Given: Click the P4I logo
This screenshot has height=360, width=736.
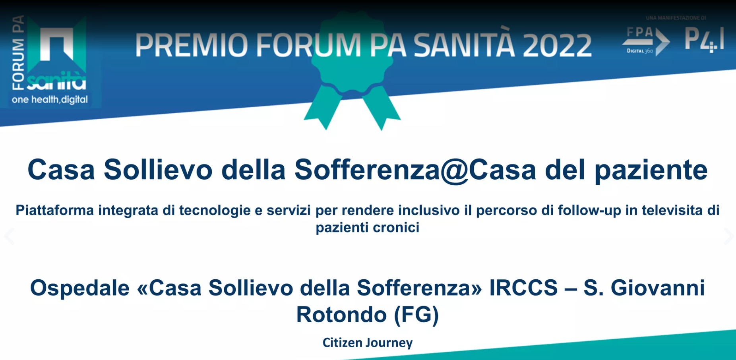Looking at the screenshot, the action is pos(704,40).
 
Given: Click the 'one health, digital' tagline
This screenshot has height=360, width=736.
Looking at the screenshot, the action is pos(50,99).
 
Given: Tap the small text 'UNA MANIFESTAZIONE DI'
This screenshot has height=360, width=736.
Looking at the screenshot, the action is pos(676,18).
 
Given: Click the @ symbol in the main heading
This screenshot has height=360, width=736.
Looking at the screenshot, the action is pos(454,170).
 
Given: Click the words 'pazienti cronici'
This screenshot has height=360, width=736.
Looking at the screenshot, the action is pos(368,228).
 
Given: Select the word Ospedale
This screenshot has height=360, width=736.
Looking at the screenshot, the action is pos(80,288).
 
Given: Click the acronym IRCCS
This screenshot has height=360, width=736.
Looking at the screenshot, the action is pos(523,288).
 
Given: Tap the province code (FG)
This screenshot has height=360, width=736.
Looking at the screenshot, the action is pos(416,315).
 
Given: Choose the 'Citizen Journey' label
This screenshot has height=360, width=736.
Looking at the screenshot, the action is pos(368,343).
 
